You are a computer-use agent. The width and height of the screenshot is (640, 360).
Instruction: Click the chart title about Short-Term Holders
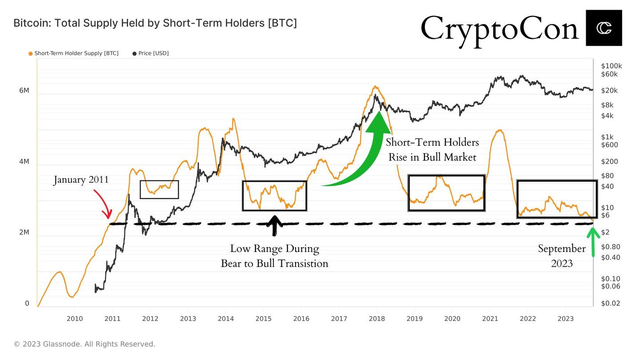tap(155, 23)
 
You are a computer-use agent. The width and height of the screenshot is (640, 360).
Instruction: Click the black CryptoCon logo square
tap(604, 28)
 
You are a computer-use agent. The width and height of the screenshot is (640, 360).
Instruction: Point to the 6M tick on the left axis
tap(24, 91)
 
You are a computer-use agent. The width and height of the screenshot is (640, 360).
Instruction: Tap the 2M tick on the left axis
tap(24, 232)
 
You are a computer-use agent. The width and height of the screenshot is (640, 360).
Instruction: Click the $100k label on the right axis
tap(611, 66)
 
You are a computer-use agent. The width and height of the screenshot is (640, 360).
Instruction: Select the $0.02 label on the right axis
tap(610, 303)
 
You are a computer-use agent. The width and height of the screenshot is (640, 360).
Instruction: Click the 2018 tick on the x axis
tap(376, 319)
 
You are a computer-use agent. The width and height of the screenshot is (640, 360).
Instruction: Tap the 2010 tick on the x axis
tap(74, 319)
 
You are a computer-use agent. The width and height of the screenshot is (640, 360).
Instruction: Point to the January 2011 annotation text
tap(81, 180)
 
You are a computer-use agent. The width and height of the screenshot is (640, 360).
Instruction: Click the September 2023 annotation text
tap(562, 256)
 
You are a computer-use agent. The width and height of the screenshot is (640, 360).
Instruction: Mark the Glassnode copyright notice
tap(84, 344)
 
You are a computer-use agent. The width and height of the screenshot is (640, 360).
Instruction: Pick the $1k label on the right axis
tap(607, 137)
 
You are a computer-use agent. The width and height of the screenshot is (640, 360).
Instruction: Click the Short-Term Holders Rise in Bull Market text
tap(432, 150)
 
